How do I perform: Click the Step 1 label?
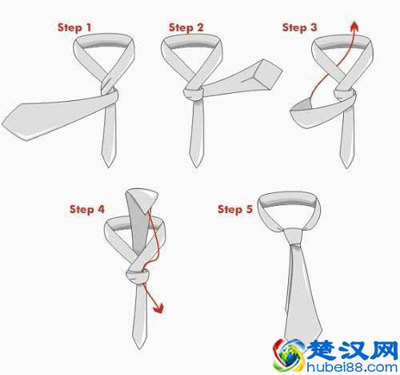coord(74,27)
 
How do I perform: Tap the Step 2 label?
coord(186,27)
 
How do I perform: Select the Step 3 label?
coord(299,27)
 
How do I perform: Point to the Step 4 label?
coord(87,209)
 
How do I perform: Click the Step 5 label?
coord(235,209)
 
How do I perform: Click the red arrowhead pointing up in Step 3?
coord(354,26)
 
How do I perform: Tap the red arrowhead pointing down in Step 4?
coord(158,308)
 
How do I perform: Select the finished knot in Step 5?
coord(294,236)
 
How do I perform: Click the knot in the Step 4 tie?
coord(137,277)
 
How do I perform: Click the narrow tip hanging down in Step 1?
coord(109,167)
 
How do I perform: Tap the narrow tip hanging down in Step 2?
coord(196,167)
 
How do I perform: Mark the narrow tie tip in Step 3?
coord(347,167)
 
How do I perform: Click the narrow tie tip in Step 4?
coord(140,349)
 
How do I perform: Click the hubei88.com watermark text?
coord(352,367)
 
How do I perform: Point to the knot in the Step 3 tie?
coord(345,95)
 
